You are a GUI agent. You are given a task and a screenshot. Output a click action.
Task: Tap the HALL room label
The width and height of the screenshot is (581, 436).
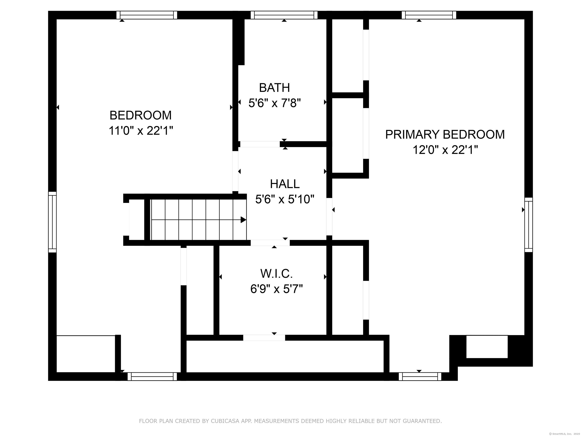coord(285,184)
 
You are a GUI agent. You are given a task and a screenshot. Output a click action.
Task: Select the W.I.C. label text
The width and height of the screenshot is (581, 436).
coord(277,274)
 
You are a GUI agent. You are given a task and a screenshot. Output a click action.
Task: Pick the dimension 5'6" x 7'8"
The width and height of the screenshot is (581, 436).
coord(274,103)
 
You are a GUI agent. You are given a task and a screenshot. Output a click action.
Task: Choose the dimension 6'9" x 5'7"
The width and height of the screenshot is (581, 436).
coord(277,289)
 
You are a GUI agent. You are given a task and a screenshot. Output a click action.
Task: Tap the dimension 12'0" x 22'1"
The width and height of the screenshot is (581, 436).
coord(445,150)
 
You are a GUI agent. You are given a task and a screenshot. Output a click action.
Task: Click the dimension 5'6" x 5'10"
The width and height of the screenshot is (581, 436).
coord(285,199)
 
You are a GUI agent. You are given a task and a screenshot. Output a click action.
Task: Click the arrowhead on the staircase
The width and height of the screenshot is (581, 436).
coord(243,220)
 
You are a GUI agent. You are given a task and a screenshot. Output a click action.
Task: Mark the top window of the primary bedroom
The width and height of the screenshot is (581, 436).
coord(429,15)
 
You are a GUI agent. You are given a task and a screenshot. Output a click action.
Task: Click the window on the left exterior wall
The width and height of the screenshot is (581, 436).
coord(52,222)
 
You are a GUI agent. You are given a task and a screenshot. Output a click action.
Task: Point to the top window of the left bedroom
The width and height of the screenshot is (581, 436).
coord(147,15)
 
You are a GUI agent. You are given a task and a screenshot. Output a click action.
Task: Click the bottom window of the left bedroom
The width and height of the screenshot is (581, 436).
coord(152,377)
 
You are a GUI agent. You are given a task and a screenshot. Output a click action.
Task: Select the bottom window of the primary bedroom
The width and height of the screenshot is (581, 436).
coord(420,377)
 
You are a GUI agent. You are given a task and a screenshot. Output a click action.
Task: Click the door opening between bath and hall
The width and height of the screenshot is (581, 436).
coord(260,144)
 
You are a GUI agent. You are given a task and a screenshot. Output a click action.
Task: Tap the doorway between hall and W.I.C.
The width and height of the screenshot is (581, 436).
coord(270,243)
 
